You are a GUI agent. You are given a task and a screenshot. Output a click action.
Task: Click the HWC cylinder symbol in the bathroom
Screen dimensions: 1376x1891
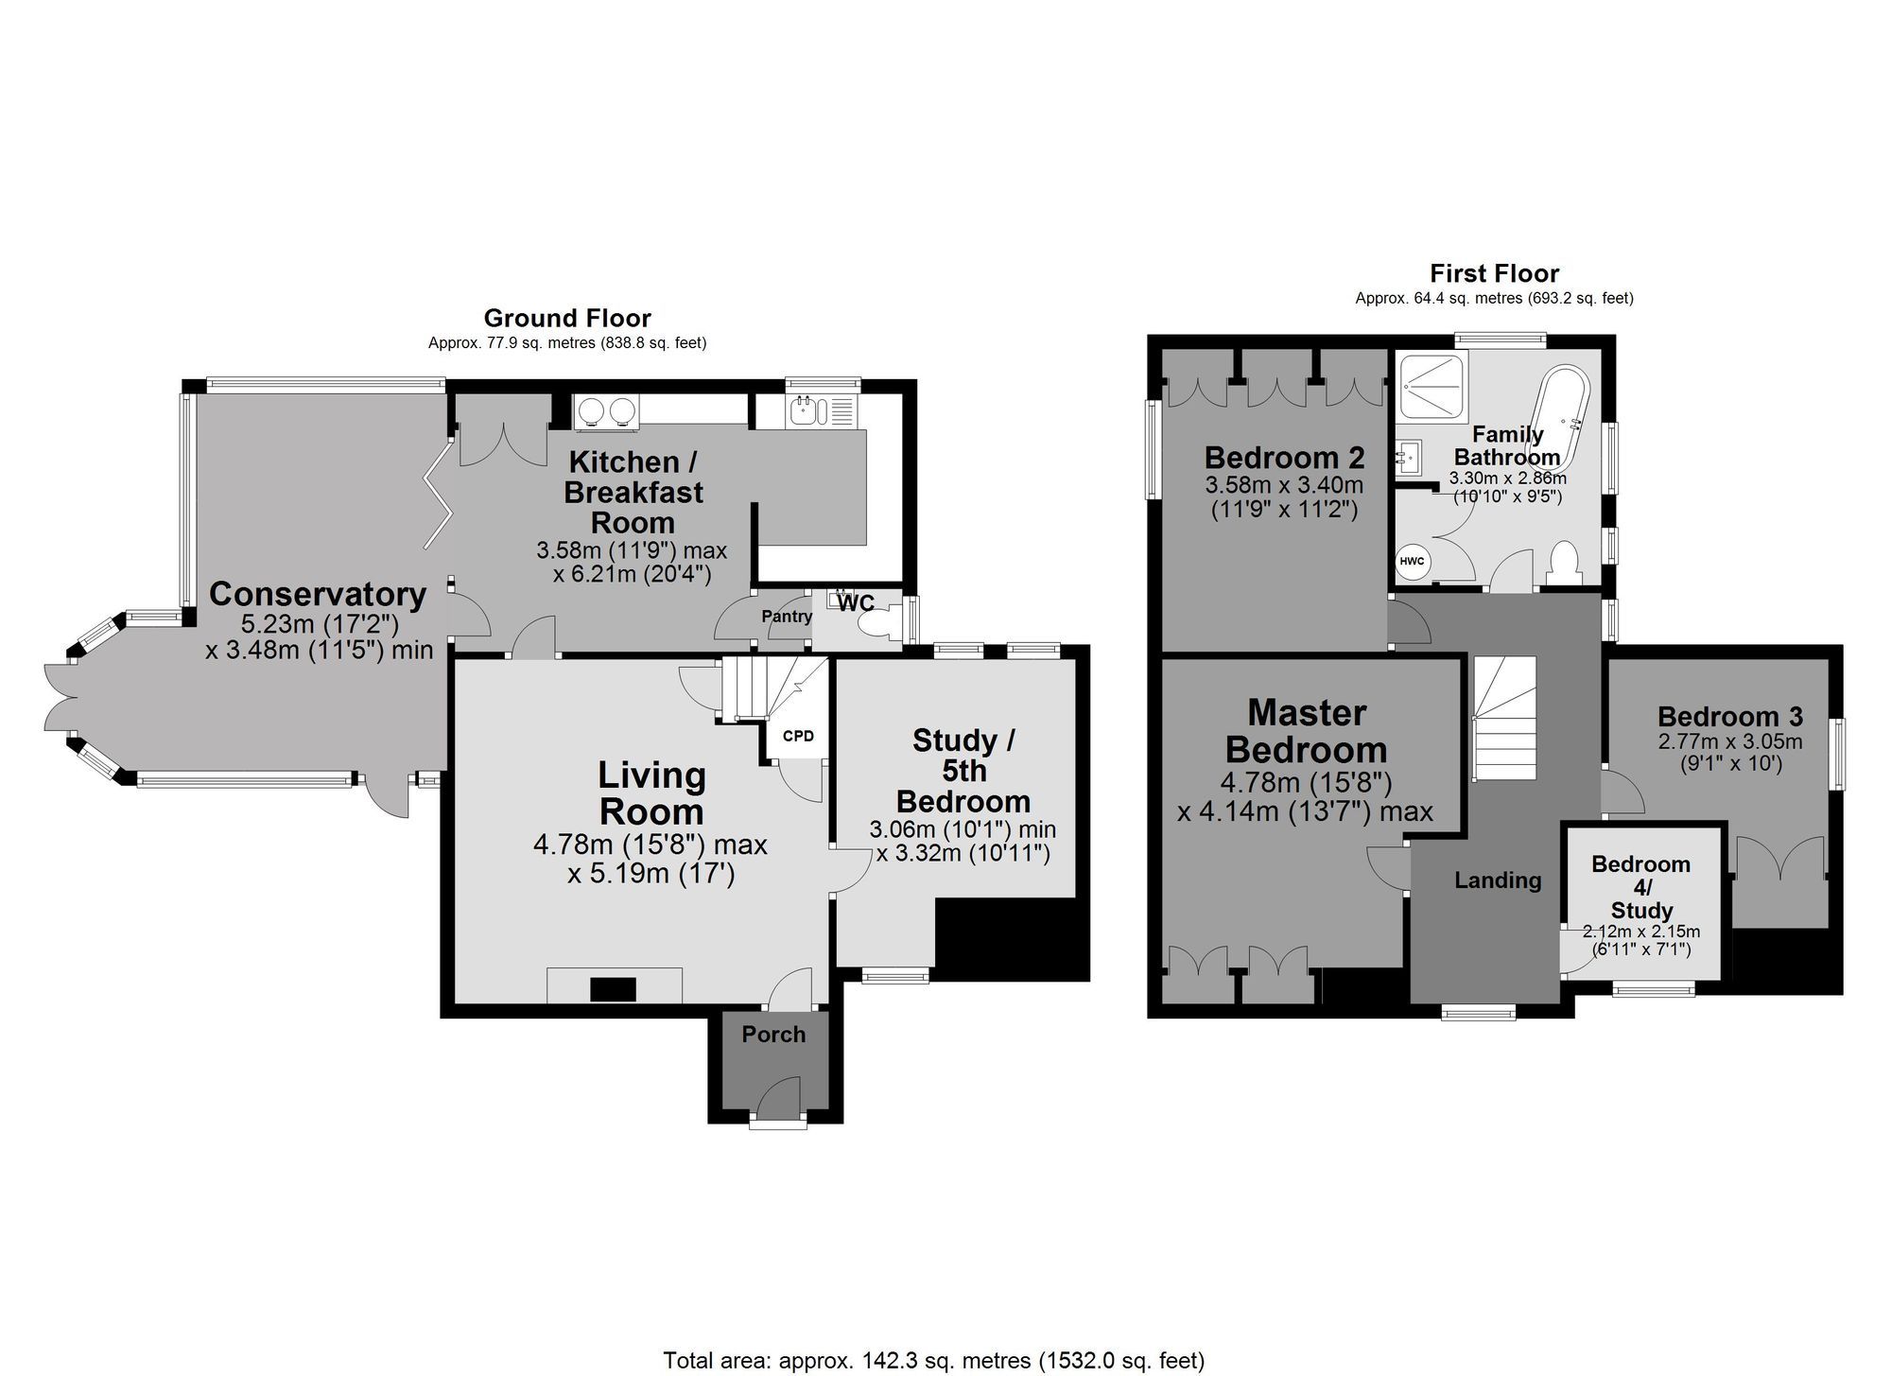point(1412,562)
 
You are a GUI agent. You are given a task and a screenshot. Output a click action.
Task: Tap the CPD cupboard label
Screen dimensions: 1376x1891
point(798,736)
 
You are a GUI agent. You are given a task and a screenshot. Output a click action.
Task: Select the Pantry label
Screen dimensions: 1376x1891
point(787,617)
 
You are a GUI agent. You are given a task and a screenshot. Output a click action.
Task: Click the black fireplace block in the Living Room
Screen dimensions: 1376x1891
point(614,989)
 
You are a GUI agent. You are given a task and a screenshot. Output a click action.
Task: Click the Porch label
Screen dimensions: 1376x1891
point(773,1035)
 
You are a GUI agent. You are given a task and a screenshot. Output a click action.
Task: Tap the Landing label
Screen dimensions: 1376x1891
point(1498,880)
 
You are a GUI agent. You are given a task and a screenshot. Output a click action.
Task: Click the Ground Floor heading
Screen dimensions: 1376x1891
point(567,318)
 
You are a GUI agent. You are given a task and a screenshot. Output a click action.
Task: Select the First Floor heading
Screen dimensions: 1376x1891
point(1494,273)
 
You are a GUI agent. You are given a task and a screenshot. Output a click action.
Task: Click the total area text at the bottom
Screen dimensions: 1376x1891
point(934,1360)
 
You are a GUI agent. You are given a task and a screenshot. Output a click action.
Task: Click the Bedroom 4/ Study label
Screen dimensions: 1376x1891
point(1641,887)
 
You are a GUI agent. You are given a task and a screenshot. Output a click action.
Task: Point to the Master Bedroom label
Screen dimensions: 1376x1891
point(1307,731)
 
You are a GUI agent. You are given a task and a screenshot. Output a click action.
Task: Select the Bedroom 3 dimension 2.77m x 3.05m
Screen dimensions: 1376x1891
point(1730,742)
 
